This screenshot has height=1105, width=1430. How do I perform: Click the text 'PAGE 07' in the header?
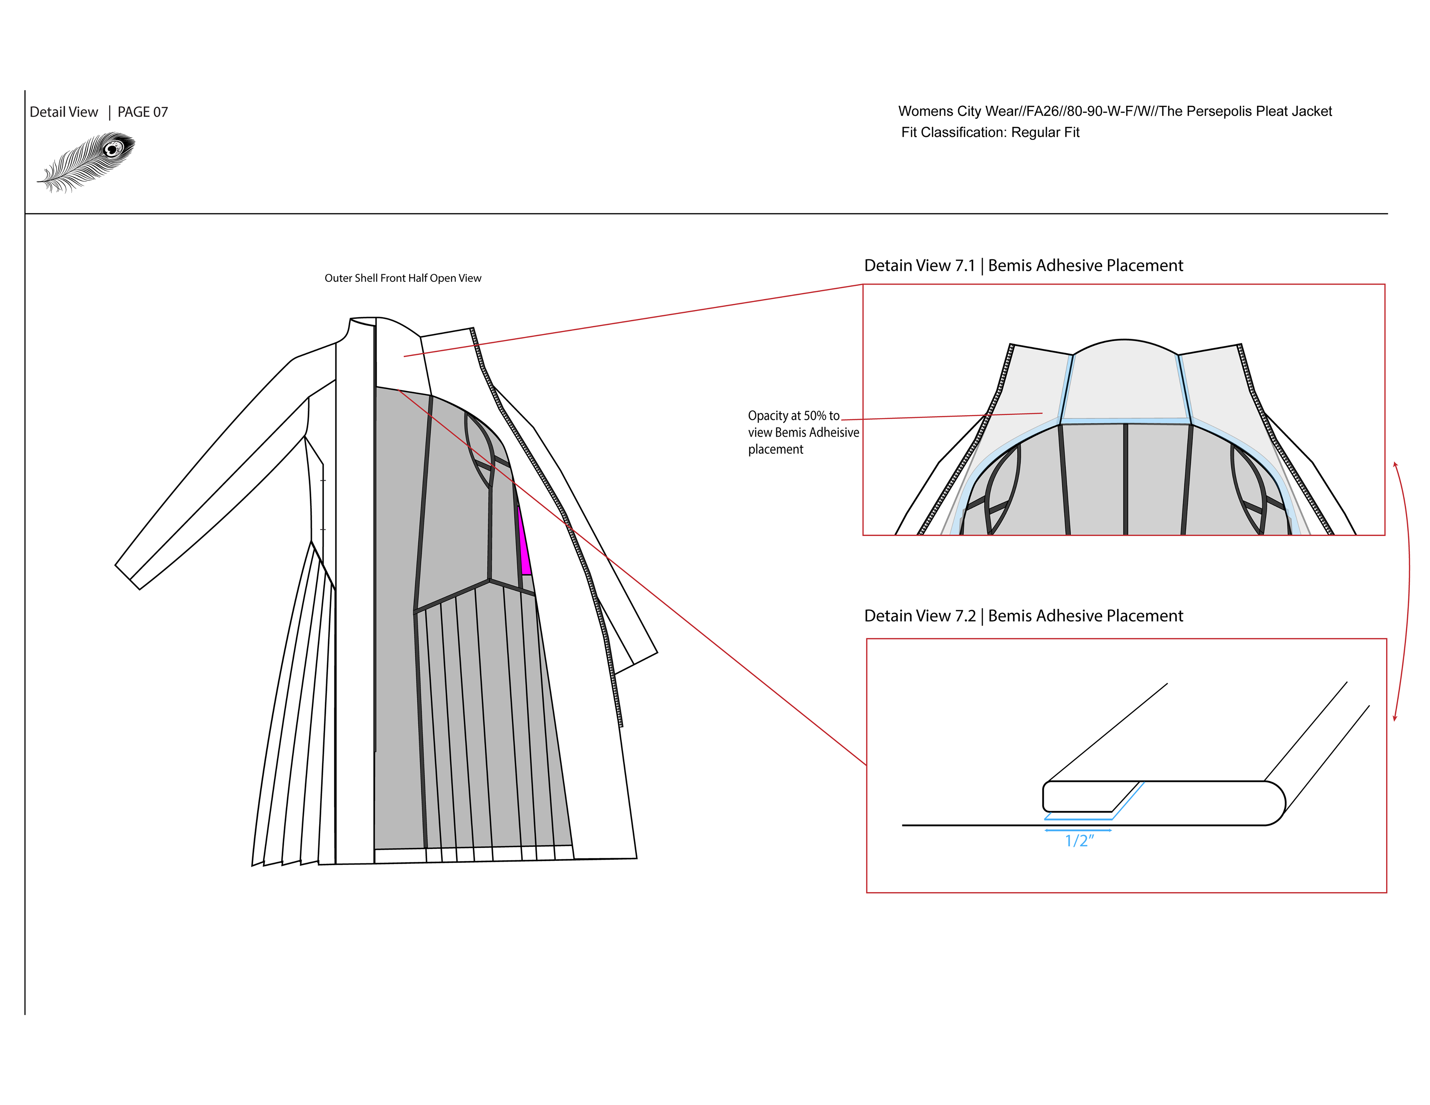(x=143, y=112)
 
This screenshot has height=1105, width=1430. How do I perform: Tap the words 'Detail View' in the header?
(x=64, y=112)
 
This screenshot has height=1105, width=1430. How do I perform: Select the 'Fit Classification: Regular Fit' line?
(x=990, y=132)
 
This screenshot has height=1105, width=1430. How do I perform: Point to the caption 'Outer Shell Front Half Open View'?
(x=403, y=278)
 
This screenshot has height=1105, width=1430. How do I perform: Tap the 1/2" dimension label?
(x=1079, y=841)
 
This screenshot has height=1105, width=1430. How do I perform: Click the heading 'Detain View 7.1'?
(x=919, y=266)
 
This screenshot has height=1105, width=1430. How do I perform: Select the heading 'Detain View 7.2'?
(x=919, y=616)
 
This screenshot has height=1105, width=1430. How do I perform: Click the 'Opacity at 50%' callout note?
(x=803, y=432)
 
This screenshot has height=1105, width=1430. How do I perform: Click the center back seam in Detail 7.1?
(x=1125, y=478)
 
